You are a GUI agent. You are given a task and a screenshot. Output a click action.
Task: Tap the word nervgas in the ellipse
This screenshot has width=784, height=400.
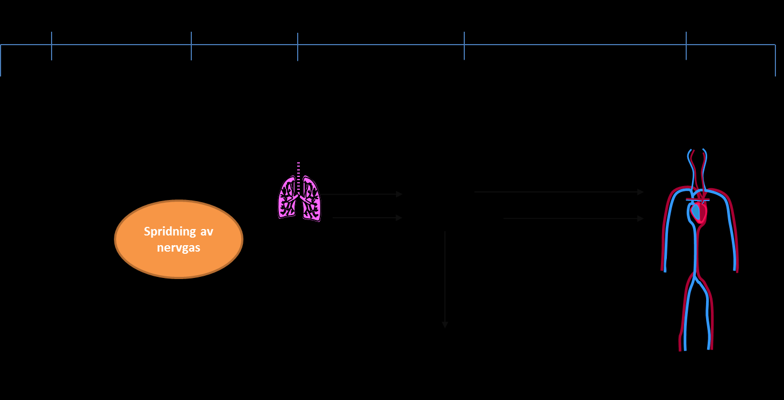(178, 248)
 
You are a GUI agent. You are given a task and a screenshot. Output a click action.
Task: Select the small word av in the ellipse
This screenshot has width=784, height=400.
(206, 232)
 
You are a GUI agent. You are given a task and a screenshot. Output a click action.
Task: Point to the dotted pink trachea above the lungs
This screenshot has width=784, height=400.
(298, 177)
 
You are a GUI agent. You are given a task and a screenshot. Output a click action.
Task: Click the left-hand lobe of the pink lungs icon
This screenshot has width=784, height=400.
(287, 198)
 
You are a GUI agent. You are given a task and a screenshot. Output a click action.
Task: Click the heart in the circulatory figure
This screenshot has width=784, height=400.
(698, 212)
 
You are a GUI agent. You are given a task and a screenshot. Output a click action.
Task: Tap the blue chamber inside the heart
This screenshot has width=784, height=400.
(695, 212)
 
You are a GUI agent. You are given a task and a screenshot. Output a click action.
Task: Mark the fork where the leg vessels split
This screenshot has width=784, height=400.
(696, 277)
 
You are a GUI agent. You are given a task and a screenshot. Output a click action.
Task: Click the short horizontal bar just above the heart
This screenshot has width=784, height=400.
(697, 200)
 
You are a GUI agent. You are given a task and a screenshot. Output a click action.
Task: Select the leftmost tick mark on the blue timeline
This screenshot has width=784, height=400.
(52, 46)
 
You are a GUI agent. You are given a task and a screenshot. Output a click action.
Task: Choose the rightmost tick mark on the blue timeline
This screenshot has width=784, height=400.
(686, 46)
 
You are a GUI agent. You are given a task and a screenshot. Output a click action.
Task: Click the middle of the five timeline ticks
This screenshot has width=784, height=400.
(298, 47)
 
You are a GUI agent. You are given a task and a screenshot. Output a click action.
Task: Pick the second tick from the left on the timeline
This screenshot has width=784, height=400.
(191, 46)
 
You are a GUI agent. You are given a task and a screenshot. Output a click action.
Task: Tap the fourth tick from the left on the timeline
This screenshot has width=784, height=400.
(464, 46)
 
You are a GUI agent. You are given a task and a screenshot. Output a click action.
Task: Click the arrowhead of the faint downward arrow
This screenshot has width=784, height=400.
(445, 325)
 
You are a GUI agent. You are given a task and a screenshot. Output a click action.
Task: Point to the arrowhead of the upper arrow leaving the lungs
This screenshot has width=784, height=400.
(399, 194)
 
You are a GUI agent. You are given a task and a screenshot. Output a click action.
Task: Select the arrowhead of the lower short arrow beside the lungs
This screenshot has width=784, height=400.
(399, 218)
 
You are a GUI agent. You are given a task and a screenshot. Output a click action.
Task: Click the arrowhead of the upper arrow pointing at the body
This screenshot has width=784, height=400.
(641, 192)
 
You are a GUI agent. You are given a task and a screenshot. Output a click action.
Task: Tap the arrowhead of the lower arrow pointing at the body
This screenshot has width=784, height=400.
(641, 219)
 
